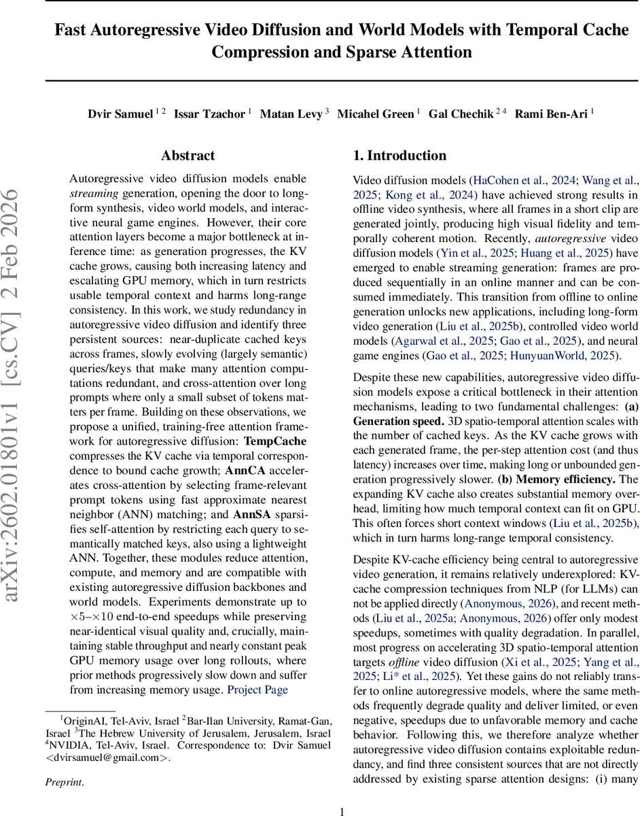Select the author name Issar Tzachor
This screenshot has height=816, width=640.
tap(209, 114)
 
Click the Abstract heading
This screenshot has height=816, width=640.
tap(188, 156)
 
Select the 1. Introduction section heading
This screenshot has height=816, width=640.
tap(399, 156)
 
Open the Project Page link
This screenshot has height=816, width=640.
tap(257, 690)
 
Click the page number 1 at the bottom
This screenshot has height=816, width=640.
tap(342, 811)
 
